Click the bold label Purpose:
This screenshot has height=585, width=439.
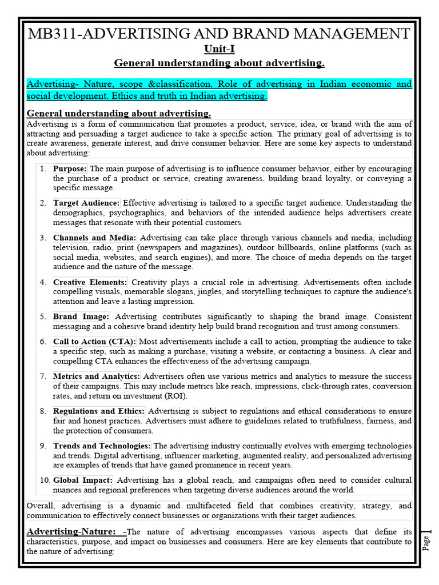tap(70, 169)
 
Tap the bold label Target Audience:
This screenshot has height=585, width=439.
tap(86, 203)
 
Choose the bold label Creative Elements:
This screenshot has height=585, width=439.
tap(90, 282)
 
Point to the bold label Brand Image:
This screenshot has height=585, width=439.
tap(81, 316)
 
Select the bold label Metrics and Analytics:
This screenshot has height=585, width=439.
tap(96, 376)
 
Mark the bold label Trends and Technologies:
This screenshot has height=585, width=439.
tap(102, 446)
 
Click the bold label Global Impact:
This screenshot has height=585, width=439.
tap(82, 480)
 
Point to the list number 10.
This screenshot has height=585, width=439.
tap(45, 480)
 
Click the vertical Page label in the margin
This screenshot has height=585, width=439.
tap(425, 542)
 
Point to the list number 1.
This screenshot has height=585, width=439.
tap(43, 169)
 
